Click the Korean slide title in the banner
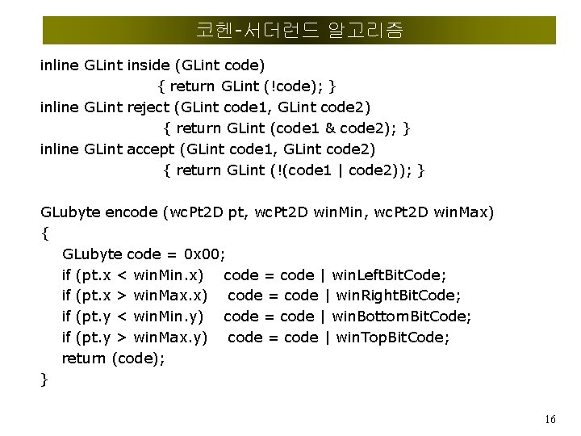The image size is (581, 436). (299, 31)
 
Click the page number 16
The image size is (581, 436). (550, 419)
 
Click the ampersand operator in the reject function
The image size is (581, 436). (329, 128)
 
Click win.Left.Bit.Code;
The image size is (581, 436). (401, 275)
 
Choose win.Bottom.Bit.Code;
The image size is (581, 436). (412, 317)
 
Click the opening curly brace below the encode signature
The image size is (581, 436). (44, 233)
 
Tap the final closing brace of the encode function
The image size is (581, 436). (44, 379)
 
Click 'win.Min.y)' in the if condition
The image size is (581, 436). (169, 317)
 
